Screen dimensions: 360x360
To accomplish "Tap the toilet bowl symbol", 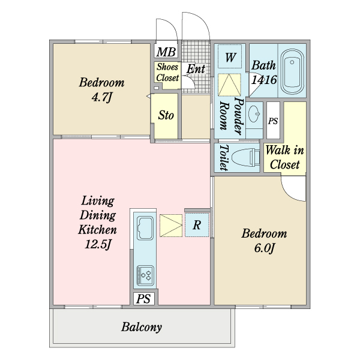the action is pyautogui.click(x=245, y=157).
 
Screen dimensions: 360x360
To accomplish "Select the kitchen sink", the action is pyautogui.click(x=145, y=228).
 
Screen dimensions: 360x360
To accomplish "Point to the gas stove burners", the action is pyautogui.click(x=145, y=275).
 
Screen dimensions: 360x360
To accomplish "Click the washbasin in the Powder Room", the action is pyautogui.click(x=254, y=113).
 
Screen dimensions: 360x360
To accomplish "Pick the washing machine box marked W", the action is pyautogui.click(x=230, y=56).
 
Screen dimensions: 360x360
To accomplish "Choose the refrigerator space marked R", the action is pyautogui.click(x=197, y=225).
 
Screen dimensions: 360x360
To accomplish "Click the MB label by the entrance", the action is pyautogui.click(x=166, y=52).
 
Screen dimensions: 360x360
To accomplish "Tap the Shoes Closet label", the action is pyautogui.click(x=167, y=73).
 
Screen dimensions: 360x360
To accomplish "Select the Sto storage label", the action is pyautogui.click(x=166, y=115).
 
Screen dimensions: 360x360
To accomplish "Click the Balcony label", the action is pyautogui.click(x=142, y=327).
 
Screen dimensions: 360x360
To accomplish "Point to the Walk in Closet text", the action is pyautogui.click(x=284, y=157).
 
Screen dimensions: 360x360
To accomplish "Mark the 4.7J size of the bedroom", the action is pyautogui.click(x=102, y=97).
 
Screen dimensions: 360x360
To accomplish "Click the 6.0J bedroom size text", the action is pyautogui.click(x=264, y=248).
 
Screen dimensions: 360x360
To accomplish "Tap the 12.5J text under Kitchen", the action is pyautogui.click(x=98, y=244).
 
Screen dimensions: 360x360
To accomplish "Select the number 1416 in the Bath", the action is pyautogui.click(x=264, y=80).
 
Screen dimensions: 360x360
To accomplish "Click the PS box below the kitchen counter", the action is pyautogui.click(x=144, y=299).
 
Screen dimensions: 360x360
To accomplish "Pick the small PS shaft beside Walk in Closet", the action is pyautogui.click(x=273, y=121).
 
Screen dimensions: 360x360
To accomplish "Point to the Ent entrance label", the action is pyautogui.click(x=196, y=69).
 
